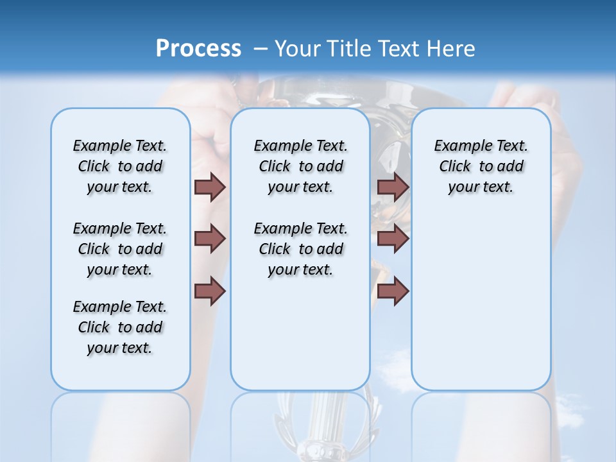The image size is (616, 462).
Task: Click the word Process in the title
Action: (198, 49)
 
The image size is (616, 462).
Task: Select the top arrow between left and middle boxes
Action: (210, 187)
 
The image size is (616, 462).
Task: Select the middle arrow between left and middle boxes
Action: (210, 239)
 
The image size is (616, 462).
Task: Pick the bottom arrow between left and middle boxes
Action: (210, 291)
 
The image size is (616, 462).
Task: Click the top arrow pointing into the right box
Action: (393, 187)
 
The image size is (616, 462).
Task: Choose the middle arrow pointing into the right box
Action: (393, 239)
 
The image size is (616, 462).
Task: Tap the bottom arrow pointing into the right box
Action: (393, 291)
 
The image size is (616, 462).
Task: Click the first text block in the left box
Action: (120, 166)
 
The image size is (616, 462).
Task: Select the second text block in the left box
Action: (120, 249)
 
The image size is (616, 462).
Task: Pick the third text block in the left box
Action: (120, 327)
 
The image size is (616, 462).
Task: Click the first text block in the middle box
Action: (300, 166)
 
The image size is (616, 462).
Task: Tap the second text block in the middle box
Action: (300, 249)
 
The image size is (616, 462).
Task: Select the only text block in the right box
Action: (481, 166)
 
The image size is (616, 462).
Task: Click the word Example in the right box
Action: (458, 146)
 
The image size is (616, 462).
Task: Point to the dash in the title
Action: (261, 49)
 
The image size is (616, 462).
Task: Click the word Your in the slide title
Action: (298, 49)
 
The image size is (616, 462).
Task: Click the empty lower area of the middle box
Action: (300, 334)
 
